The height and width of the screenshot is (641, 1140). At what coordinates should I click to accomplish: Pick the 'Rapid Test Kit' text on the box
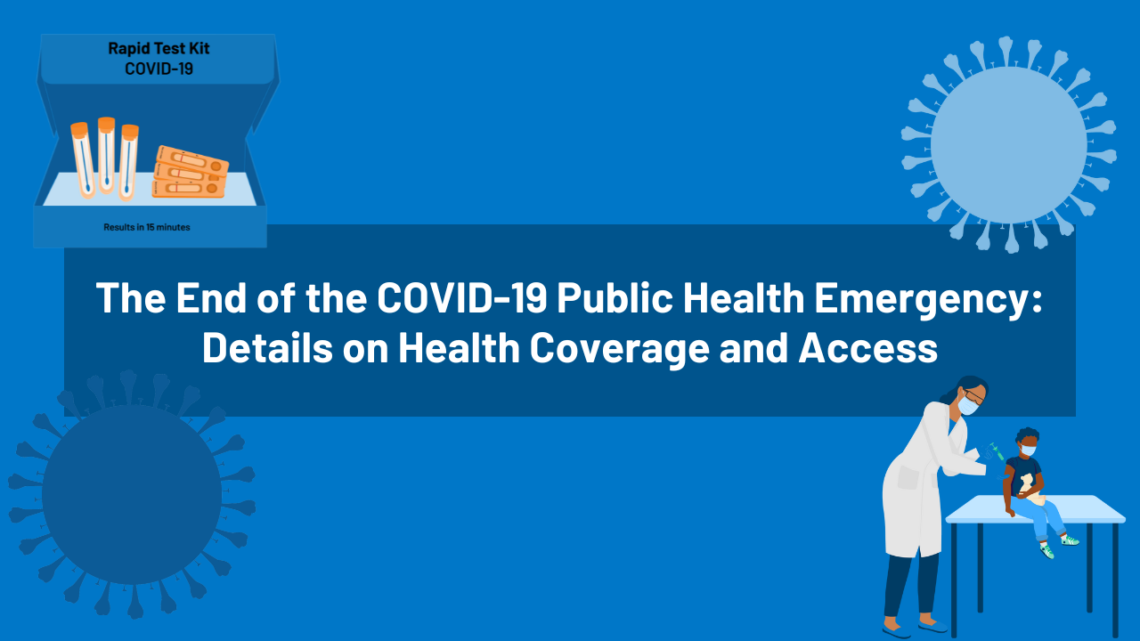point(159,49)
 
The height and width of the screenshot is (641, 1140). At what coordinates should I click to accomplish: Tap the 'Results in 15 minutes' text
point(147,227)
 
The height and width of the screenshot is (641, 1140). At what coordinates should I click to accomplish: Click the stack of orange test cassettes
point(189,171)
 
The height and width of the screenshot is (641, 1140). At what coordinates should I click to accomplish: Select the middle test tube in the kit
point(106,155)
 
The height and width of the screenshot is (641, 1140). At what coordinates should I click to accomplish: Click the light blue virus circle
point(1008,144)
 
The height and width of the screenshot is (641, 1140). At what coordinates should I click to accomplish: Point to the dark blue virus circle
point(132,494)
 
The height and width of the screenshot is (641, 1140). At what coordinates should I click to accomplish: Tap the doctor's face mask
point(968,406)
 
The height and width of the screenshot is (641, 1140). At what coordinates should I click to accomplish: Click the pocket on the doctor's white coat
point(908,478)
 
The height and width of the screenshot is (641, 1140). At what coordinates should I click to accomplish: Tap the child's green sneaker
point(1069,540)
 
